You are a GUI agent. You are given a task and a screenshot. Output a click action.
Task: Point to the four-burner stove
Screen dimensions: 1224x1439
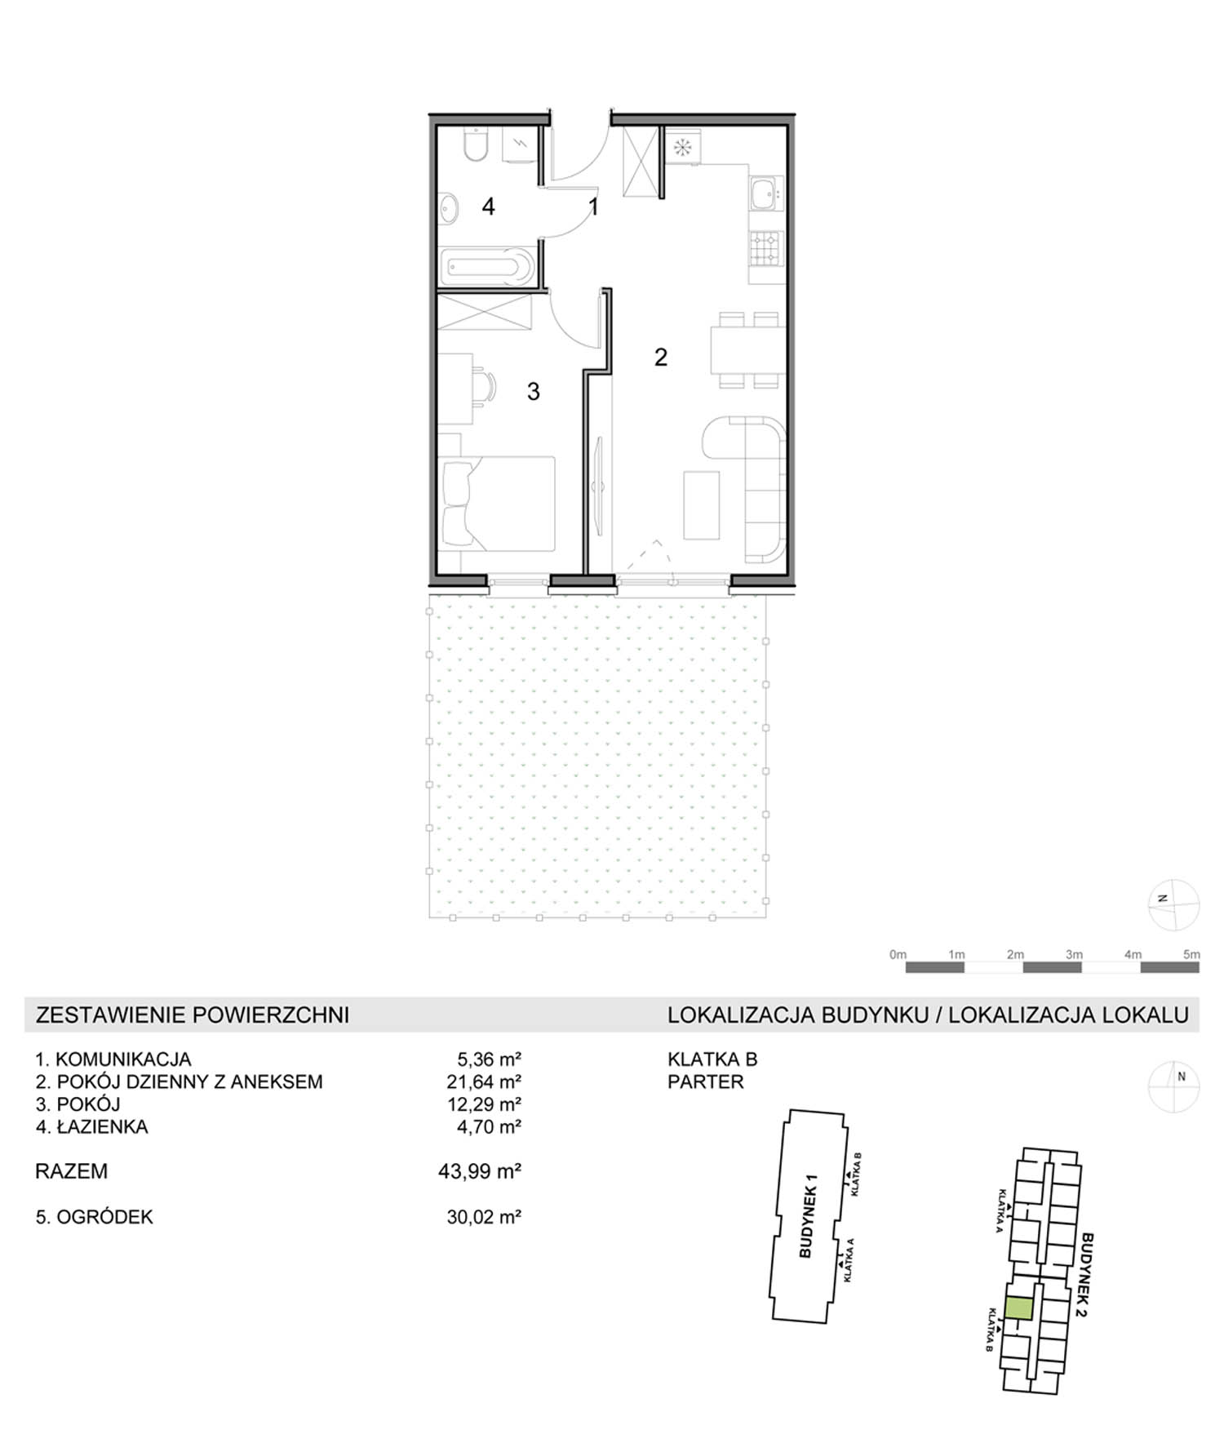766,249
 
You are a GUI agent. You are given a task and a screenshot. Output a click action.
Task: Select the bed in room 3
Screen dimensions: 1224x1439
497,503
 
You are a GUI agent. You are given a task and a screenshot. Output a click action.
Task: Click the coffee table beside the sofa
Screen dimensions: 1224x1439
702,504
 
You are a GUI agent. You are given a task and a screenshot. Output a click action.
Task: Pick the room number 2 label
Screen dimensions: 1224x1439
661,357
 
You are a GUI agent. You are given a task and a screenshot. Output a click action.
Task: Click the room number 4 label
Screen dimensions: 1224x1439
488,207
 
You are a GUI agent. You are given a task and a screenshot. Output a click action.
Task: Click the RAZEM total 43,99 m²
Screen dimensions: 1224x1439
480,1171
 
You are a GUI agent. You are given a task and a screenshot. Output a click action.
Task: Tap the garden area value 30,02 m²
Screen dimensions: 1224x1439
484,1217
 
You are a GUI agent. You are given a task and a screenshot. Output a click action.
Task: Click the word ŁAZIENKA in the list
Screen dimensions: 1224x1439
102,1126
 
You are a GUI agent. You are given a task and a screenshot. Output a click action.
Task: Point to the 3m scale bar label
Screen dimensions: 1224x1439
1074,954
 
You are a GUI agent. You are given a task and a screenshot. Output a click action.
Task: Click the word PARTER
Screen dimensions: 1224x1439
706,1081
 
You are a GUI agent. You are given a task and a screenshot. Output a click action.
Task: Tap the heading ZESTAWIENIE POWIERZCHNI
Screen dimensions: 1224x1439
193,1015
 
